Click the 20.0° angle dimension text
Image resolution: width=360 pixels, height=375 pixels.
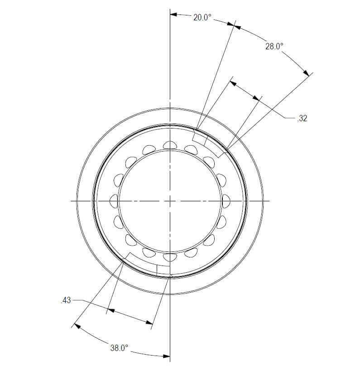click(202, 18)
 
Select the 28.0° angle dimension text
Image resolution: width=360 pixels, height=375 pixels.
click(274, 46)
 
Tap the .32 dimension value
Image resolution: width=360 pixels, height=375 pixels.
click(302, 119)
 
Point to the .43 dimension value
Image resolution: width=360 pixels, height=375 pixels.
click(66, 300)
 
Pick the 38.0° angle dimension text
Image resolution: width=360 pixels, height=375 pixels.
click(119, 348)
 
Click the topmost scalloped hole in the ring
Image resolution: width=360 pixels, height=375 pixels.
click(170, 145)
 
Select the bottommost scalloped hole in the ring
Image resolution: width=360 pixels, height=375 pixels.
click(170, 257)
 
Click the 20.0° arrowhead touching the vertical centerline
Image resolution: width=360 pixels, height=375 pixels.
click(173, 14)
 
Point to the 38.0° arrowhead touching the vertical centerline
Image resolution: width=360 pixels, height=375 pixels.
click(166, 356)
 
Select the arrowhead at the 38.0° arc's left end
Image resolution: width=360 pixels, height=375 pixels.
click(76, 325)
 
